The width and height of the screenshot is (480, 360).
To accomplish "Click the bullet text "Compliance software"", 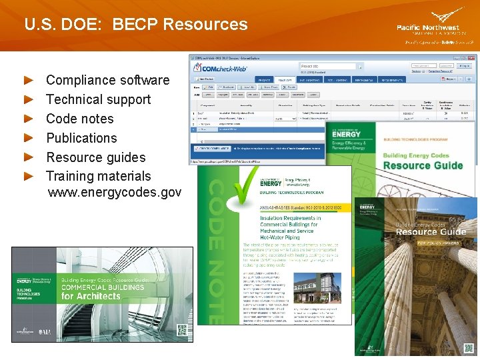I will [107, 80].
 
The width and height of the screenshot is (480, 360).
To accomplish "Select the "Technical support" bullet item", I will [98, 99].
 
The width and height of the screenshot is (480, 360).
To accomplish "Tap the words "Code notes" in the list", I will [79, 119].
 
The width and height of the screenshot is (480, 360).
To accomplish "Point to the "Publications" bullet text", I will [81, 138].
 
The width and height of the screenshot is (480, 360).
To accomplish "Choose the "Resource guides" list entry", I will [95, 157].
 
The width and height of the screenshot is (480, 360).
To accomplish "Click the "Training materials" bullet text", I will [98, 176].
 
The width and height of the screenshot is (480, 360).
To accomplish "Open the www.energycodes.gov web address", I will [114, 193].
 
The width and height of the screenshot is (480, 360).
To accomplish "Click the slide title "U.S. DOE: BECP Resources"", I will [135, 25].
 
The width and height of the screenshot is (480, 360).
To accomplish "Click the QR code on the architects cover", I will [181, 329].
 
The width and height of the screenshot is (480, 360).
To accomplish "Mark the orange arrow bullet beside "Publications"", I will [29, 138].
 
